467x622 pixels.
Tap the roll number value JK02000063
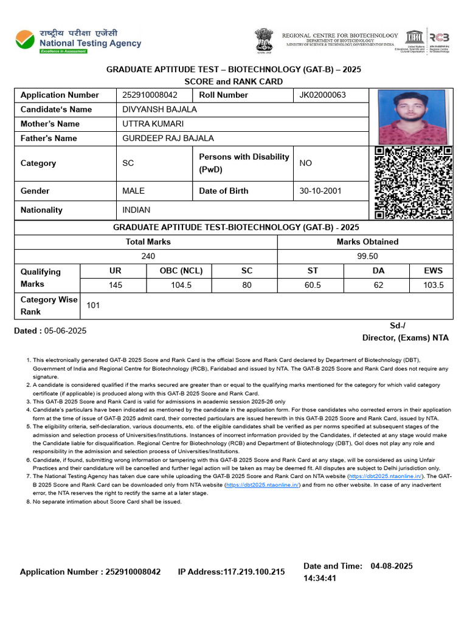(x=322, y=95)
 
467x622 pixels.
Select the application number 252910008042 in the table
(x=150, y=95)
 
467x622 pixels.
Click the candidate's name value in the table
(x=159, y=109)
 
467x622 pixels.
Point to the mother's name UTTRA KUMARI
(x=153, y=124)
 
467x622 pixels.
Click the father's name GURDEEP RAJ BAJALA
(x=168, y=138)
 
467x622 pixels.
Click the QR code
(x=413, y=183)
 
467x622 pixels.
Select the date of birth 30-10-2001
(x=320, y=191)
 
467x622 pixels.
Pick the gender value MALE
(x=133, y=191)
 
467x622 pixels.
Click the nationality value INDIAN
(x=136, y=210)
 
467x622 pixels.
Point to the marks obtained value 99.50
(x=367, y=256)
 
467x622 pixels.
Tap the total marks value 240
(x=148, y=256)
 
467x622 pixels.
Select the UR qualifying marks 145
(x=115, y=285)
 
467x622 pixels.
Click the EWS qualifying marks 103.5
(x=434, y=285)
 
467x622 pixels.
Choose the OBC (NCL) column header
(x=181, y=271)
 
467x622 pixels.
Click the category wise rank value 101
(x=93, y=306)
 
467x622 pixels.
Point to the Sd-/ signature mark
(x=397, y=326)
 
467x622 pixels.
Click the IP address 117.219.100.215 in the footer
(x=254, y=572)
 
